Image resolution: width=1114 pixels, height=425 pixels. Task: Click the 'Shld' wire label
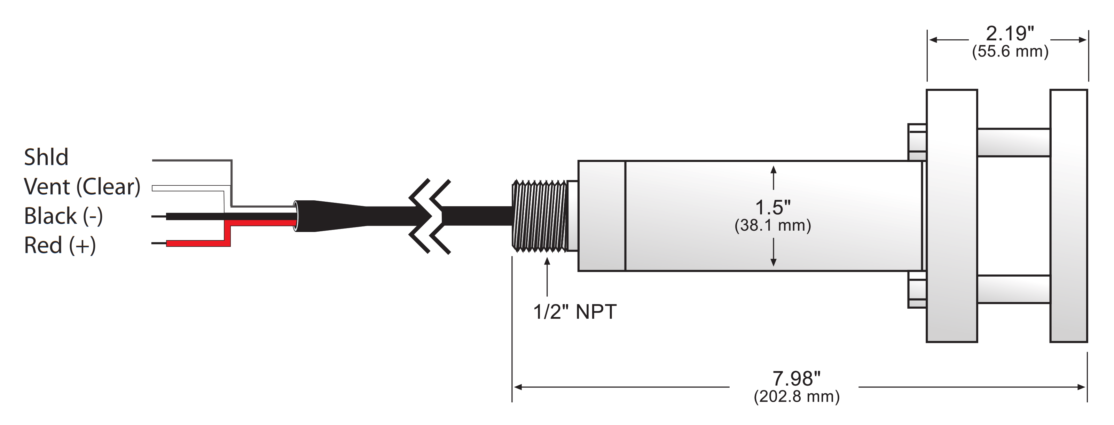46,157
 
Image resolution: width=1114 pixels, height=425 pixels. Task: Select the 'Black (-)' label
63,216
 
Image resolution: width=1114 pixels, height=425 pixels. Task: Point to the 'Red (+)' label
60,245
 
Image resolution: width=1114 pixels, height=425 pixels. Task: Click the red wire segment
198,243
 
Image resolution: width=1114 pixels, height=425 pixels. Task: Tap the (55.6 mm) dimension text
1010,52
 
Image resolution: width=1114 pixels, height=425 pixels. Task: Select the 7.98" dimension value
796,379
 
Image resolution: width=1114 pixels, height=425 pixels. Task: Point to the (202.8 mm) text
797,396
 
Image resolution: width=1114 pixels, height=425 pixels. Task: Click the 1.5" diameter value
773,208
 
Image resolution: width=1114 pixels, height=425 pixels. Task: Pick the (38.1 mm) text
773,225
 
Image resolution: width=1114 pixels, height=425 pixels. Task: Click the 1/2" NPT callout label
575,312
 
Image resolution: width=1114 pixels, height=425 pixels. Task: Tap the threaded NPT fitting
539,216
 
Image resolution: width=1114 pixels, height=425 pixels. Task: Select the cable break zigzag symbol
430,216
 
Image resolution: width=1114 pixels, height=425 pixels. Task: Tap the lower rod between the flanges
1013,289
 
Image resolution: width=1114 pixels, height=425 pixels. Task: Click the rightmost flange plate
1069,216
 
